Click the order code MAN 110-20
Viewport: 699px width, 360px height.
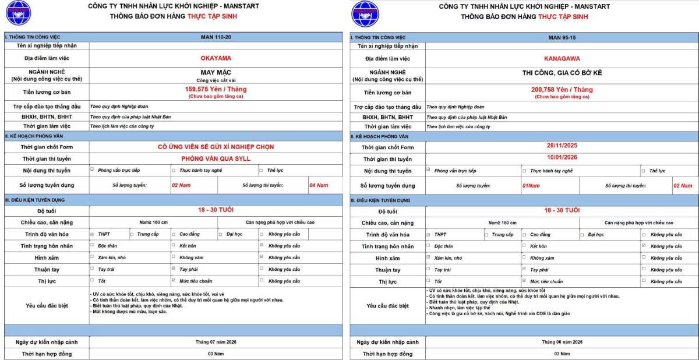pos(216,37)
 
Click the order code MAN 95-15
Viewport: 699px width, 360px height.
pos(562,37)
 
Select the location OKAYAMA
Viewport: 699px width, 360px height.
pos(216,58)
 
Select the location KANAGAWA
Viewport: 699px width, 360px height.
pos(562,58)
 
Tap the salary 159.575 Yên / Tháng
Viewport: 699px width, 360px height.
pos(216,89)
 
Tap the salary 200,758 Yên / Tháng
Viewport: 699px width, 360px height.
pos(562,90)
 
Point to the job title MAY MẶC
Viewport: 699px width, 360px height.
pos(216,72)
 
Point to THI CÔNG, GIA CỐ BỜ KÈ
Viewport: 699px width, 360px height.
pos(562,73)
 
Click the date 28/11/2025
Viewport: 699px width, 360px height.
pos(562,147)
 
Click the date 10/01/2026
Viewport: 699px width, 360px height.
pos(562,157)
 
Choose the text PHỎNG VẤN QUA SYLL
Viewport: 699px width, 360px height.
pos(216,158)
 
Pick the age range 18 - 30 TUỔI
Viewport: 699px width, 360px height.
pos(216,210)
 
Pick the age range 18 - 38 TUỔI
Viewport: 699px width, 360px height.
pos(562,210)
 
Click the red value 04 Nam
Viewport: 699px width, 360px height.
pos(319,185)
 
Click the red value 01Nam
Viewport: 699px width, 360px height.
pos(531,185)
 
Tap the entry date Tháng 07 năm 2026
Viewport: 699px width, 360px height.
pos(216,342)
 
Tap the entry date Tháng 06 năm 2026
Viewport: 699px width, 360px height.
pos(562,342)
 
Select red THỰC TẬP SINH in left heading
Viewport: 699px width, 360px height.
pos(212,16)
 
